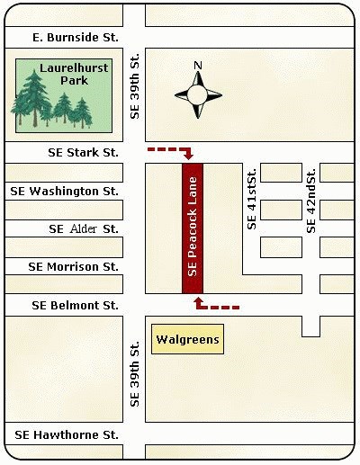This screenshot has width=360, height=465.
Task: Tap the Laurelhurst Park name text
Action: click(x=68, y=74)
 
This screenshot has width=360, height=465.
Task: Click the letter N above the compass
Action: click(x=199, y=66)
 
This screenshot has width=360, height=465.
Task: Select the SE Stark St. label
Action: click(x=83, y=153)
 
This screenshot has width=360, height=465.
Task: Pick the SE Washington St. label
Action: click(x=64, y=191)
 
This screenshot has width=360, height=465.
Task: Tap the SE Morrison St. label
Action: click(x=74, y=266)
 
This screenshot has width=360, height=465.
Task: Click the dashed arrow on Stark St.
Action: click(x=172, y=150)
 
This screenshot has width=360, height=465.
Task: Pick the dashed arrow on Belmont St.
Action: click(x=216, y=305)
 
